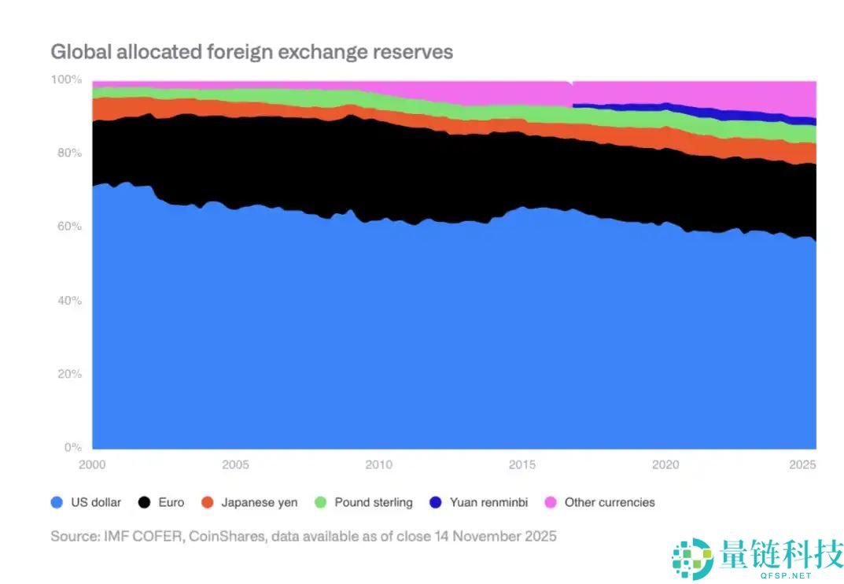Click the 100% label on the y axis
[x=66, y=79]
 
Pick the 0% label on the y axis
[x=72, y=447]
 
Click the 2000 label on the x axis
[x=92, y=465]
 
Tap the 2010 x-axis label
[x=380, y=465]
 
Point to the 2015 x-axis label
[x=523, y=465]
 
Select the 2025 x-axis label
[x=803, y=465]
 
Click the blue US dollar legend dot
[x=56, y=502]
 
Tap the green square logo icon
[x=692, y=556]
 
